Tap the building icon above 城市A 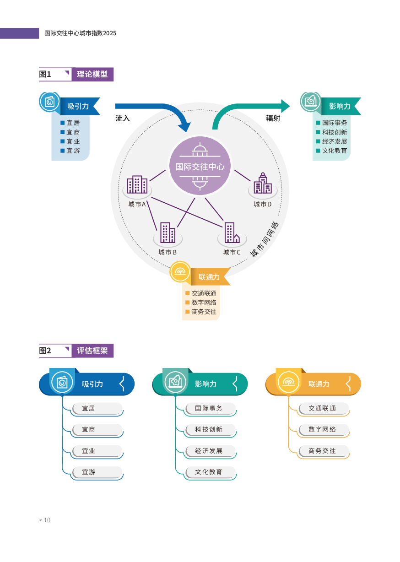(x=137, y=184)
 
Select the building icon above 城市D (x=263, y=184)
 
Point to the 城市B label (x=168, y=252)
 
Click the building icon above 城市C (x=232, y=233)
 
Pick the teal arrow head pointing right (x=286, y=106)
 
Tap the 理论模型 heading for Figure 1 (x=92, y=74)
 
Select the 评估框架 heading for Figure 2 (x=92, y=351)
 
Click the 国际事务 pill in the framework (x=211, y=408)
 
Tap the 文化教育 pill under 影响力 (x=211, y=472)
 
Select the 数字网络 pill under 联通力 (x=324, y=429)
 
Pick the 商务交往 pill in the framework (x=324, y=451)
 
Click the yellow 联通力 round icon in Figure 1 (x=180, y=272)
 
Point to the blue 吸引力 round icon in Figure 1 (x=49, y=102)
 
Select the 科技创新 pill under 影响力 (x=211, y=429)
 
